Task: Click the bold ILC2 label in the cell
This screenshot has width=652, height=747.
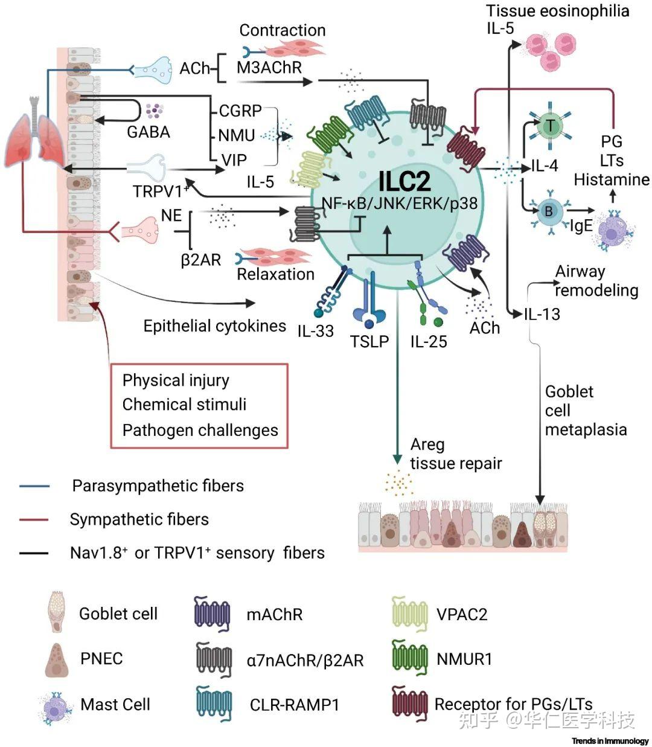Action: coord(405,181)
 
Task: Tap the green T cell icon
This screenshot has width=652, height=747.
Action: coord(551,126)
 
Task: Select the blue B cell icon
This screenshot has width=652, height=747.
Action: coord(549,211)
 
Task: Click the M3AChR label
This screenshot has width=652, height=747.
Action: coord(269,68)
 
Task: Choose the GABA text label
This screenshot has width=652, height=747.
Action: coord(149,132)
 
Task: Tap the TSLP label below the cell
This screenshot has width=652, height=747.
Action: coord(369,342)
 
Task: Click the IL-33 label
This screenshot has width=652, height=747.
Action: coord(315,330)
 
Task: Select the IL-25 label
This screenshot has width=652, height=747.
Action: coord(429,342)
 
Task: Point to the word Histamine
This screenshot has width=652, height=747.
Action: coord(611,179)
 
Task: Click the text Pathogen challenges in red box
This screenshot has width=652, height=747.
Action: coord(200,430)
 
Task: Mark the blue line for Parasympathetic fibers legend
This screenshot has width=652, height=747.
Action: coord(34,486)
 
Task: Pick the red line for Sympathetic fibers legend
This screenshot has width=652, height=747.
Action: coord(34,519)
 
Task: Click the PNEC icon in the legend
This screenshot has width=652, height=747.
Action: coord(57,659)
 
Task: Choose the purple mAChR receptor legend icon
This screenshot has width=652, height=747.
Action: coord(213,614)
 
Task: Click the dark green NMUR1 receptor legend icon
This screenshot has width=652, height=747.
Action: coord(410,658)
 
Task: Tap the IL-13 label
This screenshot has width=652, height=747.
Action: coord(542,314)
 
